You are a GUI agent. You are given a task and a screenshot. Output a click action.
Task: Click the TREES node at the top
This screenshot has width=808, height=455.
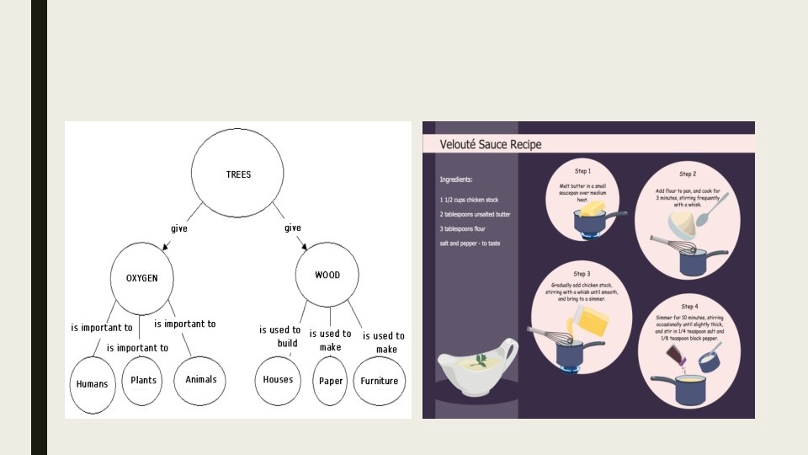pos(238,174)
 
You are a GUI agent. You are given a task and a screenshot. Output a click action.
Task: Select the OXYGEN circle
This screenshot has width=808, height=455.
pos(142,277)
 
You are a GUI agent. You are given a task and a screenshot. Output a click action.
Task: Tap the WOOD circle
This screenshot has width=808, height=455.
pos(327,276)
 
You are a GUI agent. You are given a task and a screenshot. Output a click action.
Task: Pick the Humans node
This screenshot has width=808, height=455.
pos(92,384)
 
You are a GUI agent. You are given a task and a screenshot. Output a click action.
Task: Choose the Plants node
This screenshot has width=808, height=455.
pos(143,380)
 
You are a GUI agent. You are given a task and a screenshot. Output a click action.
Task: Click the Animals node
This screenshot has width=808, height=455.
pos(200,379)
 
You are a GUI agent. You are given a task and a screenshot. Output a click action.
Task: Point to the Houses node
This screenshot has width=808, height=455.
pos(278,379)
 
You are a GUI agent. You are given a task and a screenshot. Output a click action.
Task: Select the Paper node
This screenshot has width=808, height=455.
pos(331,381)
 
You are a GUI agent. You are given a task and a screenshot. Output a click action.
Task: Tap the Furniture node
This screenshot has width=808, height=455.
pos(379,381)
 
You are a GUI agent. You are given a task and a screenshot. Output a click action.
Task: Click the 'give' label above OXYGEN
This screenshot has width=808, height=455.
pos(179,228)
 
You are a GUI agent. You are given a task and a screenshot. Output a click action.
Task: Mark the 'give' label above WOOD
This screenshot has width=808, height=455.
pos(292,228)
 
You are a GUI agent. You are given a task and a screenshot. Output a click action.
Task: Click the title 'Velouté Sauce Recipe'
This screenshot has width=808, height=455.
pos(491,144)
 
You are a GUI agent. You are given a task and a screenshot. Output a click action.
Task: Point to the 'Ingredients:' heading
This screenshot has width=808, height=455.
pos(456,179)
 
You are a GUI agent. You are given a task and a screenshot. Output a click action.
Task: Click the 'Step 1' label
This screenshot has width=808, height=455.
pos(582,171)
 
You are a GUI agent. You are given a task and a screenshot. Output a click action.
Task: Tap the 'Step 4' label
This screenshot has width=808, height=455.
pos(688,306)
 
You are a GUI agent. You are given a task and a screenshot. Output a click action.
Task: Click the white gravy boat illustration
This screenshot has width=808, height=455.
pos(476,365)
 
